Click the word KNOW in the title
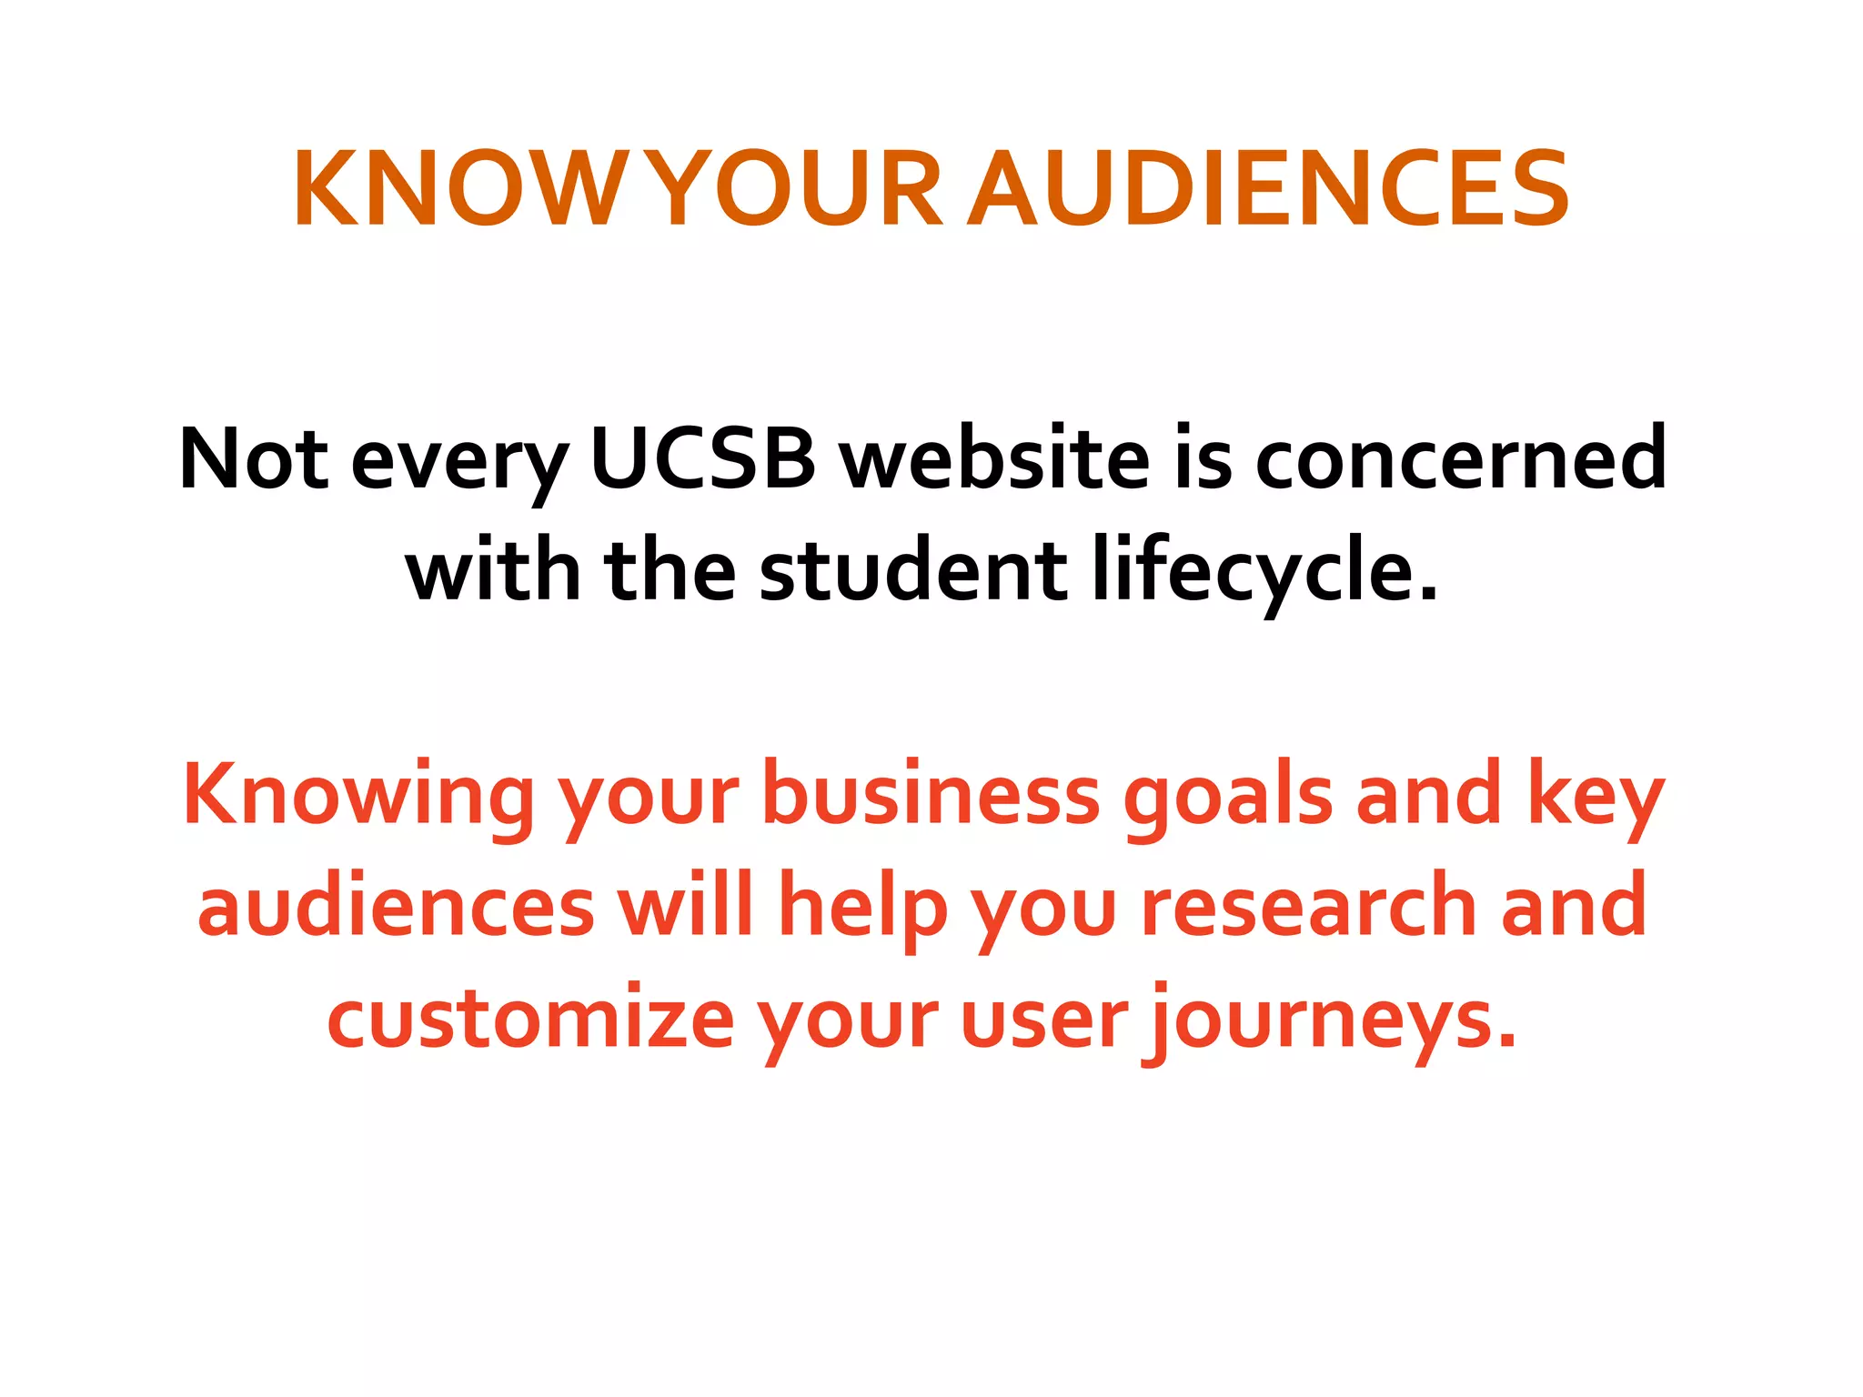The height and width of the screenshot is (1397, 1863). [x=453, y=189]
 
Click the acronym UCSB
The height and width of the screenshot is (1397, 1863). [x=703, y=458]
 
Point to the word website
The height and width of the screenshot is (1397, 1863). [x=994, y=458]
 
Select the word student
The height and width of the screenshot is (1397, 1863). [x=913, y=571]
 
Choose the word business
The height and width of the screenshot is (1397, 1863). [x=931, y=794]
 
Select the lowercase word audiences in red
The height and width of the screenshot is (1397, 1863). [x=396, y=906]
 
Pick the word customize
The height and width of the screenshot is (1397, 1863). [x=530, y=1018]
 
